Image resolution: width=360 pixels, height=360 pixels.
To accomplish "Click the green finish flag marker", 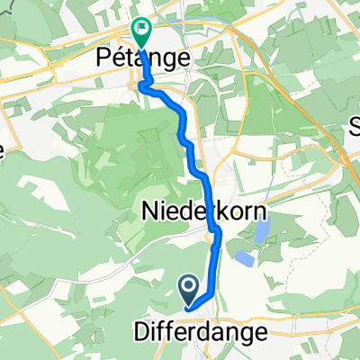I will click(x=142, y=31).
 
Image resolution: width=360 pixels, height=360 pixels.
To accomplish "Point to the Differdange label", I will click(x=206, y=332).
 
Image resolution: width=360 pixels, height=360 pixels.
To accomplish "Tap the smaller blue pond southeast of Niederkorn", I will click(x=245, y=259).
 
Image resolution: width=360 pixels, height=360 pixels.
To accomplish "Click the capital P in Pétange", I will click(x=103, y=58).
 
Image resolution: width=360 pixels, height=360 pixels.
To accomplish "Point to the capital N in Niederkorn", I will click(x=148, y=211).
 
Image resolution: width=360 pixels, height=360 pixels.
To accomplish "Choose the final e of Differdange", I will click(x=262, y=332).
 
